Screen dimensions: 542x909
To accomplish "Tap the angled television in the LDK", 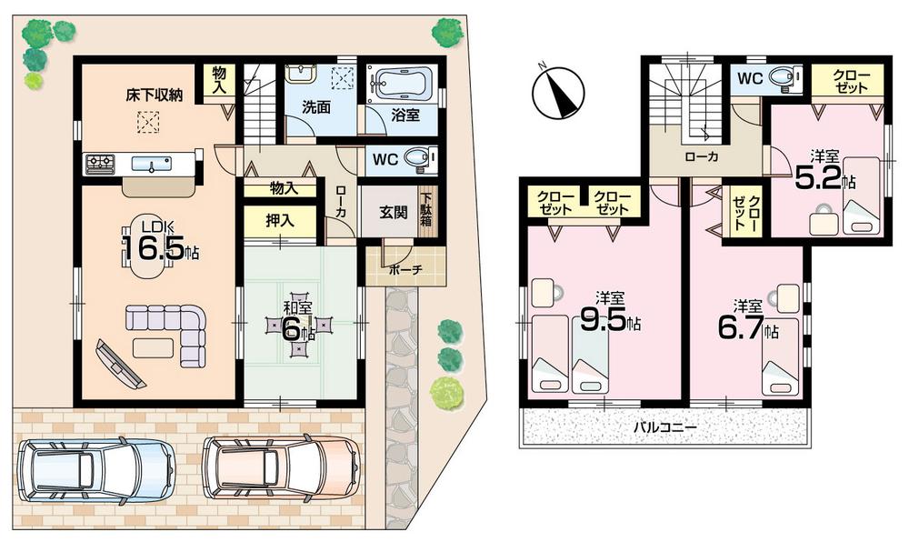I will click(x=116, y=363).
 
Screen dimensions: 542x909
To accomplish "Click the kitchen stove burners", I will click(x=100, y=164).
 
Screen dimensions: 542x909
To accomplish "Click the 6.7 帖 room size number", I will click(x=743, y=327).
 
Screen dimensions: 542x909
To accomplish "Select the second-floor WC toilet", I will click(x=783, y=79).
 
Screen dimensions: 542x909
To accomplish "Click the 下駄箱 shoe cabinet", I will click(x=425, y=215).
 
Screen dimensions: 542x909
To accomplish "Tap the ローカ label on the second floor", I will click(x=702, y=156).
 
